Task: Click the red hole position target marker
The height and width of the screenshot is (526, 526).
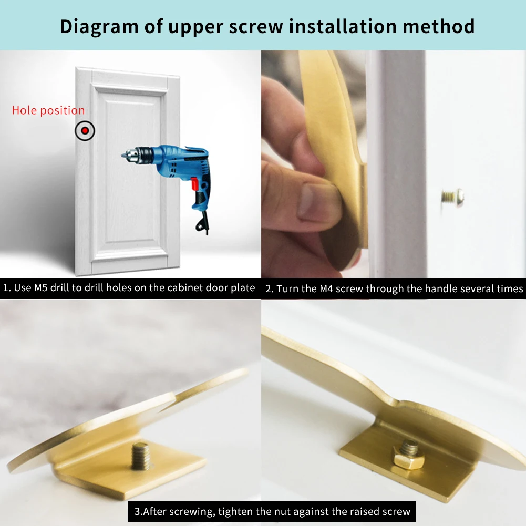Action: (x=85, y=130)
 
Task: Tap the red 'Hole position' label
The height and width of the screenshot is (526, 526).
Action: (x=48, y=110)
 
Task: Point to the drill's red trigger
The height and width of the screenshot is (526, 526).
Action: (x=195, y=184)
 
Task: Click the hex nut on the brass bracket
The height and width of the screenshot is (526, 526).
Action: (x=408, y=456)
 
